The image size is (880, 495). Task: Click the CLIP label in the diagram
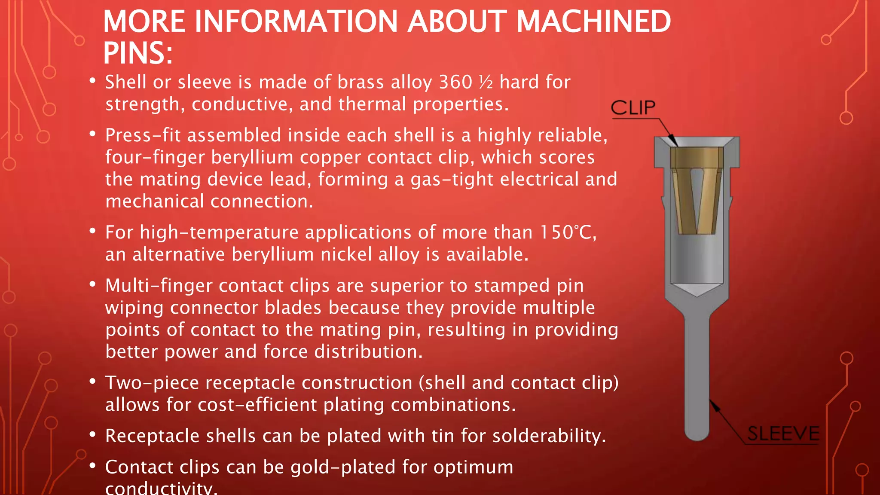(x=633, y=107)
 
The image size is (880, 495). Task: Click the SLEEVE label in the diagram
(x=783, y=433)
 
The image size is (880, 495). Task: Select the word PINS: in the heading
(x=138, y=53)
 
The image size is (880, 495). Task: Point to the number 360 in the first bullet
(x=455, y=82)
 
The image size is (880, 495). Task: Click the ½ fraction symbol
(x=486, y=82)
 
